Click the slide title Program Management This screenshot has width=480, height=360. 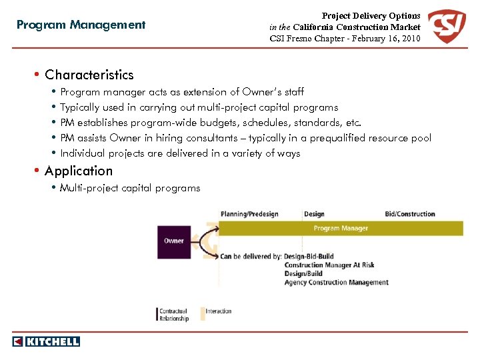(x=81, y=25)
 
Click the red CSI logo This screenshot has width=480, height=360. (x=447, y=27)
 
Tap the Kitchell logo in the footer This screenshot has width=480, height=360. (x=46, y=341)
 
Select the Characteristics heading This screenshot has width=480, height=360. (x=89, y=75)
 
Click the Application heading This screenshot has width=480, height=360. (x=79, y=171)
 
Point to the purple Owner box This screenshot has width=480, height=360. (x=174, y=241)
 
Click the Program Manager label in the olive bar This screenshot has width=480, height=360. (x=341, y=228)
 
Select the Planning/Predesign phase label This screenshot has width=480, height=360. (x=249, y=214)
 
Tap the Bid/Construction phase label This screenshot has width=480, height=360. (x=410, y=214)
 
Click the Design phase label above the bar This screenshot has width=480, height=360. (x=314, y=214)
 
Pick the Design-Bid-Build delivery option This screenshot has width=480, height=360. (x=309, y=256)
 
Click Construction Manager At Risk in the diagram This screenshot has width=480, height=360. (x=329, y=265)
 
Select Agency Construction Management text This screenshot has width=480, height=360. (x=336, y=282)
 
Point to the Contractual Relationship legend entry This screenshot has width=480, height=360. (x=173, y=315)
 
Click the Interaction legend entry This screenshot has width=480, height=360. (x=219, y=311)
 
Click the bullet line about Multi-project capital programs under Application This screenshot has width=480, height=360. (x=130, y=188)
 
